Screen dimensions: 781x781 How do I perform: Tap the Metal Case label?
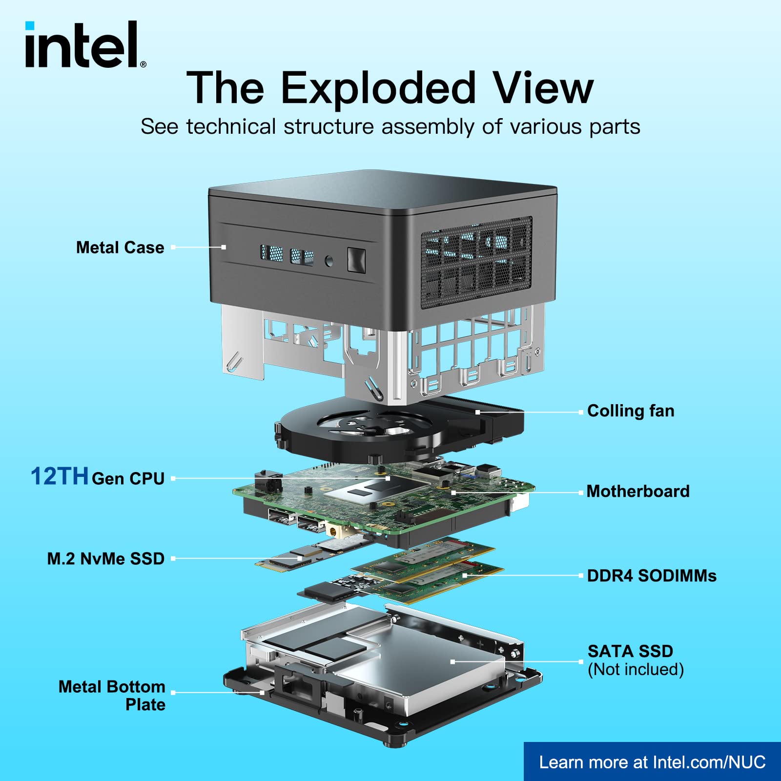point(120,247)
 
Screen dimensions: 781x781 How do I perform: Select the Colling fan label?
point(631,411)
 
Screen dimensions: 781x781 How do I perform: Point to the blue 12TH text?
point(59,476)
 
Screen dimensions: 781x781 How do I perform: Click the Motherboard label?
point(638,491)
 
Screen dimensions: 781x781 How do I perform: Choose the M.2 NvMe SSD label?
point(105,558)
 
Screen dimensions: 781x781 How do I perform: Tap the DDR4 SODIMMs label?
point(652,575)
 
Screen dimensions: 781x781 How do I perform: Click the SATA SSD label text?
point(630,651)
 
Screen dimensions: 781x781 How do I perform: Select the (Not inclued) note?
point(636,669)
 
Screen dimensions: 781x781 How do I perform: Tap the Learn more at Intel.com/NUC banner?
point(652,762)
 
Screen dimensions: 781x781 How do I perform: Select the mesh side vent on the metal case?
point(476,262)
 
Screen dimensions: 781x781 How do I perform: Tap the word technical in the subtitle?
point(231,127)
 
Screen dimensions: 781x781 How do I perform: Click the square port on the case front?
point(356,260)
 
